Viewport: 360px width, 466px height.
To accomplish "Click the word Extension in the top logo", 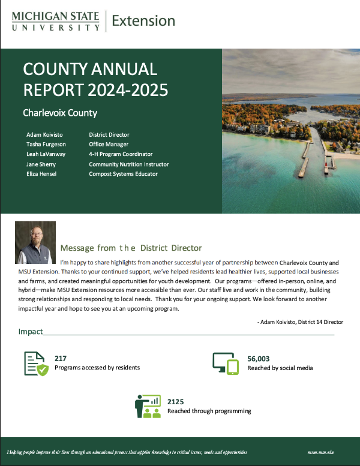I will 143,21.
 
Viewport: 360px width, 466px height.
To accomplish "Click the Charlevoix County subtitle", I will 60,112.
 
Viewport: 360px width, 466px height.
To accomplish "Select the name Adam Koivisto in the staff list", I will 45,134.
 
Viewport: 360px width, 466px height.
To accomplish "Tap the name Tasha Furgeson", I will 47,145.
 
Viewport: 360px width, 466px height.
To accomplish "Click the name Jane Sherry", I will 42,164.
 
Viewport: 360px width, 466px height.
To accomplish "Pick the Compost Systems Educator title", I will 124,174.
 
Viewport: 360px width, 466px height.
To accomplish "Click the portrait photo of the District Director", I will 35,242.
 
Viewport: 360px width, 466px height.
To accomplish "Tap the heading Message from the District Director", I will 131,248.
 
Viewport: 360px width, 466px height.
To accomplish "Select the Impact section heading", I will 31,332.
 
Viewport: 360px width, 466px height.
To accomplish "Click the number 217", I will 61,357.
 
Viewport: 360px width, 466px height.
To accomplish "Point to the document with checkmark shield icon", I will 36,363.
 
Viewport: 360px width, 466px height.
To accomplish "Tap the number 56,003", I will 260,357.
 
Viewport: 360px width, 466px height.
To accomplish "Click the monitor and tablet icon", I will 226,363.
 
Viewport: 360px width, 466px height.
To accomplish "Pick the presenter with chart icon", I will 148,406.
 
